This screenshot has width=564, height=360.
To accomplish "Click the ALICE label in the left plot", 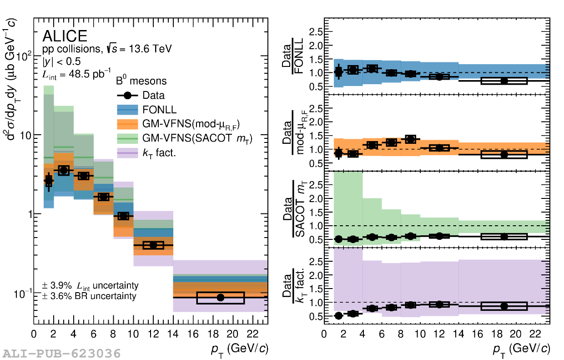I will coord(65,36).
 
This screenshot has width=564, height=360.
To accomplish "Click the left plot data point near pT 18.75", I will coord(221,298).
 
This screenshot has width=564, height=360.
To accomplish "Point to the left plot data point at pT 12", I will coord(153,245).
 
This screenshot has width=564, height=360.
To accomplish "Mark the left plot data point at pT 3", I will coord(64,170).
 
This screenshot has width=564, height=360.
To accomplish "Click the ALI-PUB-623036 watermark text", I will coord(62,353).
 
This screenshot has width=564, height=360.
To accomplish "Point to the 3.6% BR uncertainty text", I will coord(89,296).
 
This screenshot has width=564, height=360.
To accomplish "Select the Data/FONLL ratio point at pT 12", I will coord(439,76).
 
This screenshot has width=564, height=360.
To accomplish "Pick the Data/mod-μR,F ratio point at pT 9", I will coord(410,139).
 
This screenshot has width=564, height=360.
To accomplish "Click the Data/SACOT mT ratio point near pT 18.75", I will coord(504,237).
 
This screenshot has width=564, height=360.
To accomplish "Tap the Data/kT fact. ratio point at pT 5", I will coord(372,309).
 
